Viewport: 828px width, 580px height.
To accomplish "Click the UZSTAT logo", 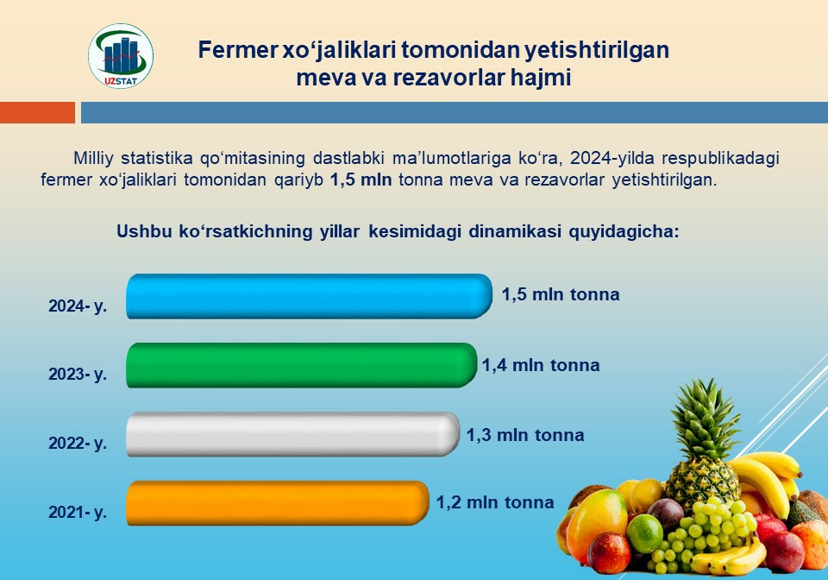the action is [121, 56].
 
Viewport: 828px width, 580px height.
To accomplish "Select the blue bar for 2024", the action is [310, 296].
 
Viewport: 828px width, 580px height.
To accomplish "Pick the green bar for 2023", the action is [302, 365].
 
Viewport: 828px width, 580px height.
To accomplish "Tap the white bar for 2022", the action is [293, 434].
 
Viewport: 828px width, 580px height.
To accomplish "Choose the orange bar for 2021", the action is [278, 503].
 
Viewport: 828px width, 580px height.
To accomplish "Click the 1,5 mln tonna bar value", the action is [561, 294].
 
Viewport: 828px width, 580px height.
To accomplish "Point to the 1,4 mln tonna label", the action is [541, 365].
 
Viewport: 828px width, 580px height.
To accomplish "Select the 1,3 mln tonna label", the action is [525, 435].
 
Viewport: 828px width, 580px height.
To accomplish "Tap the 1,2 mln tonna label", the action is [495, 502].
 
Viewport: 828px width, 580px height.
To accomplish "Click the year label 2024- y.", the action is [78, 306].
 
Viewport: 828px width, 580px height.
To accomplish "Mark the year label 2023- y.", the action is [78, 374].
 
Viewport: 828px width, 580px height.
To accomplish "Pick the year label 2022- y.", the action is [78, 443].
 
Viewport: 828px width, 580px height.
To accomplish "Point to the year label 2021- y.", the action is [78, 512].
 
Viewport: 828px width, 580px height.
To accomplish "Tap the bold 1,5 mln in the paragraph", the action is [361, 180].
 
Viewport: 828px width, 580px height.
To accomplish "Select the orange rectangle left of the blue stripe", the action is [37, 112].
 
